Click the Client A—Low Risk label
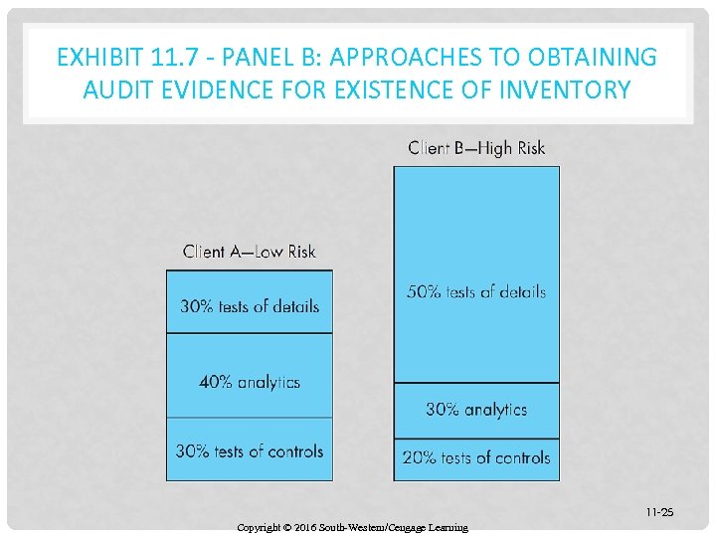coord(250,252)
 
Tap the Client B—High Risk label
coord(476,148)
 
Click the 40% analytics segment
coord(250,381)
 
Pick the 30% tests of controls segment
coord(250,450)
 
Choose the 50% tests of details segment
coord(476,291)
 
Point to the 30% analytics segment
coord(476,409)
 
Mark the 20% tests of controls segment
coord(476,457)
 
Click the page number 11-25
coord(658,512)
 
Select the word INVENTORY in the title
coord(568,90)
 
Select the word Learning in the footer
coord(447,527)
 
